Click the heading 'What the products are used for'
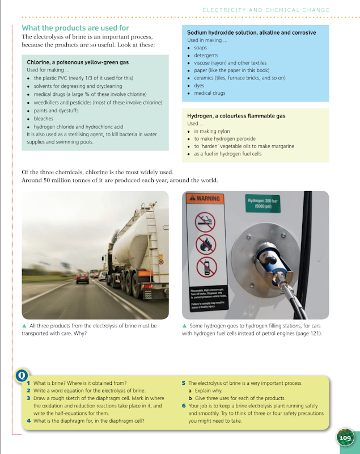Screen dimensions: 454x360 click(75, 27)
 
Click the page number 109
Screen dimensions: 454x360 click(345, 438)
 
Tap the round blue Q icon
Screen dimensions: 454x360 click(22, 376)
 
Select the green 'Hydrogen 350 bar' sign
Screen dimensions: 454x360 click(263, 203)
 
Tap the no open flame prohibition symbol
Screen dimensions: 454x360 click(206, 244)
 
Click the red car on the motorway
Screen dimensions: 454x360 click(82, 278)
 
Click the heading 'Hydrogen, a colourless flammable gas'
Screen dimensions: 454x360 click(236, 116)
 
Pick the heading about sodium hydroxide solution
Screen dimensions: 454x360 click(251, 33)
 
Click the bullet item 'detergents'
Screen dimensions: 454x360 click(206, 56)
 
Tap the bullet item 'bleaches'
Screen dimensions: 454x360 click(43, 119)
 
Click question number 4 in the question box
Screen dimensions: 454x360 click(29, 421)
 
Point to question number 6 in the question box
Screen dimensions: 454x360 click(184, 406)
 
